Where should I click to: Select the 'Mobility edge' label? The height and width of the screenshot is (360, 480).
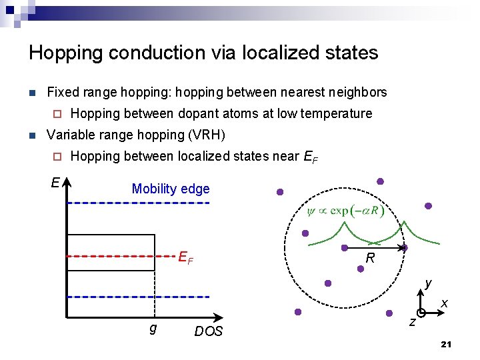(171, 189)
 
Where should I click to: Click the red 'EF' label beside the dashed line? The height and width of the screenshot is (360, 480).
(185, 257)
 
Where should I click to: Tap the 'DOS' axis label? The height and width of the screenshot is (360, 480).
(209, 331)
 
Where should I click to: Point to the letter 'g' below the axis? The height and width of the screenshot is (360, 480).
(153, 328)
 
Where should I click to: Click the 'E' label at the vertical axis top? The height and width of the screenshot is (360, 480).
(55, 182)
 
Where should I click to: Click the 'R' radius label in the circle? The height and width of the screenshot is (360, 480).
(370, 257)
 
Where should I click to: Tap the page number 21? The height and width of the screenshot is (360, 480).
(447, 344)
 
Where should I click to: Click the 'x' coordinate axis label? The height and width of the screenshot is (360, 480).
(444, 304)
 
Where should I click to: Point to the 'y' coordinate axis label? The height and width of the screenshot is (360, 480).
(429, 283)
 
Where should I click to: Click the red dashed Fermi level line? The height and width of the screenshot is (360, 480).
(120, 255)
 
